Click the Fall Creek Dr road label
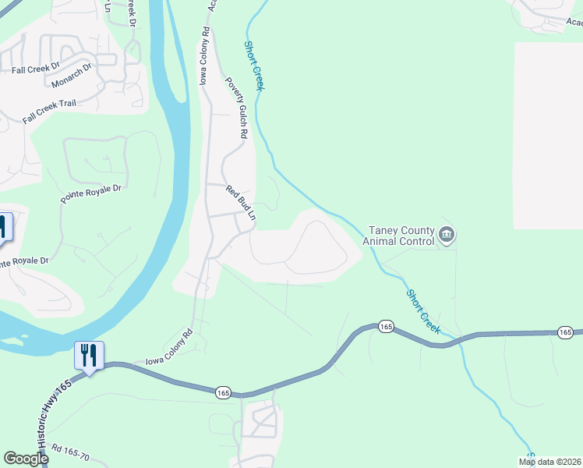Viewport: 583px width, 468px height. click(36, 69)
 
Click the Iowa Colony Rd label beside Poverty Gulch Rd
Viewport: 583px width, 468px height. click(205, 57)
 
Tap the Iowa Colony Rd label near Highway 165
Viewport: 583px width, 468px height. click(168, 348)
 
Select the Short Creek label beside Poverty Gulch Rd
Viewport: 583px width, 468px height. click(255, 66)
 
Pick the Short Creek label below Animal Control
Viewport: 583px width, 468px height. click(423, 312)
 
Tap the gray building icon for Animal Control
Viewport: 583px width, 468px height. click(447, 234)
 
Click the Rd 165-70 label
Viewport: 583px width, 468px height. click(72, 452)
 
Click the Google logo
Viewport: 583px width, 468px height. click(25, 459)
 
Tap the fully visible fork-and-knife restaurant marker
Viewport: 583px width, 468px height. click(89, 356)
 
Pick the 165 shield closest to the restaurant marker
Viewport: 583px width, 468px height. click(224, 392)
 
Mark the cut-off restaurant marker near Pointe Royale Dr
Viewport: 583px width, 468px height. click(4, 228)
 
